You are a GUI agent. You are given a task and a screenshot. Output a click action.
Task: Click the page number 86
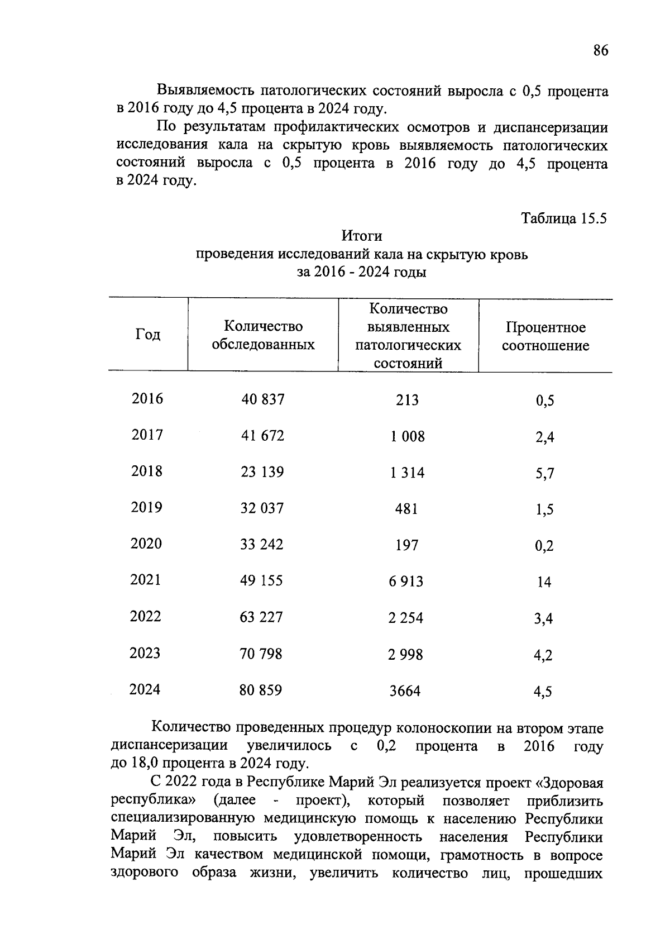tap(600, 51)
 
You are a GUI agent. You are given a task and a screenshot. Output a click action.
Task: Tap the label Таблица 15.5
tap(563, 218)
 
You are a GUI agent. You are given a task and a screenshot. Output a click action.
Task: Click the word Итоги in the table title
tap(361, 236)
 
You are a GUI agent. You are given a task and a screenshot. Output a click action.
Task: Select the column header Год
tap(148, 335)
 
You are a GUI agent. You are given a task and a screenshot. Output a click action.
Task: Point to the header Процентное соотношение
tap(545, 336)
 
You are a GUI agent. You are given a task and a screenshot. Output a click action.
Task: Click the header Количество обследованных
tap(263, 335)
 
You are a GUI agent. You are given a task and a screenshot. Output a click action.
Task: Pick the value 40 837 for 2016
tap(262, 399)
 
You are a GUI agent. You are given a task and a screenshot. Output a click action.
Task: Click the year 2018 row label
tap(147, 471)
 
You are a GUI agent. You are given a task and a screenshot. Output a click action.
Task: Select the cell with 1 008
tap(408, 436)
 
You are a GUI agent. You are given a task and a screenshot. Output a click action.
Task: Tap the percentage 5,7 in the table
tap(544, 474)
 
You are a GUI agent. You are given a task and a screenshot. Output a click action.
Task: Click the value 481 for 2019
tap(406, 509)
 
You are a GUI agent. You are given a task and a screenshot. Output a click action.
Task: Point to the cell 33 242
tap(262, 545)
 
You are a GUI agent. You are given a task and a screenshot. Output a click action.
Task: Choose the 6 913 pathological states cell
tap(406, 582)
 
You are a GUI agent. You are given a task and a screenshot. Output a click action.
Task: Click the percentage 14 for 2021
tap(544, 583)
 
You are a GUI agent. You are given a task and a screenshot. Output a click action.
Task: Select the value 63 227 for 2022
tap(261, 617)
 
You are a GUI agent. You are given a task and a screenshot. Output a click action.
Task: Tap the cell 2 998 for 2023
tap(406, 654)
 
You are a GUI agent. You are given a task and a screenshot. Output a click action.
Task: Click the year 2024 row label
tap(145, 690)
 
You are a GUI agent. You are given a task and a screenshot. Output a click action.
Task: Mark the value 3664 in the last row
tap(405, 691)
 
